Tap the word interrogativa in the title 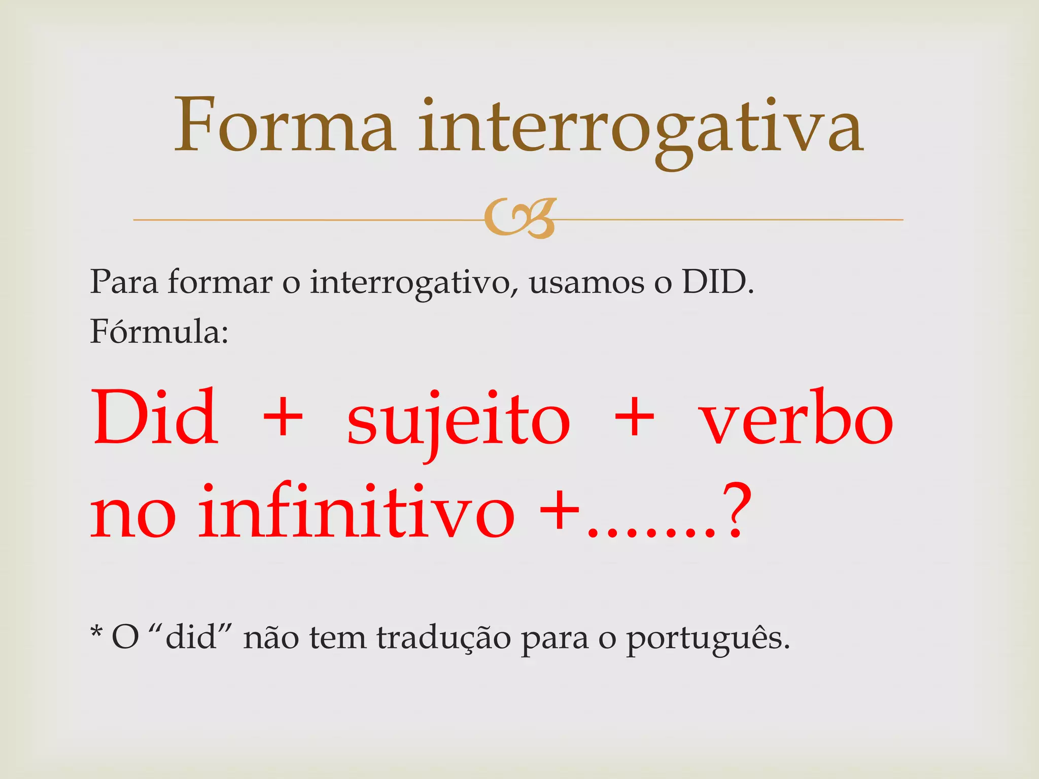point(640,127)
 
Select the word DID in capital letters point(714,282)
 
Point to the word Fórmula point(159,332)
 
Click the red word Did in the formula point(155,417)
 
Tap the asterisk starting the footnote point(96,632)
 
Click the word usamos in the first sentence point(586,282)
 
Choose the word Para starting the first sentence point(124,282)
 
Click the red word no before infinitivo point(133,515)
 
